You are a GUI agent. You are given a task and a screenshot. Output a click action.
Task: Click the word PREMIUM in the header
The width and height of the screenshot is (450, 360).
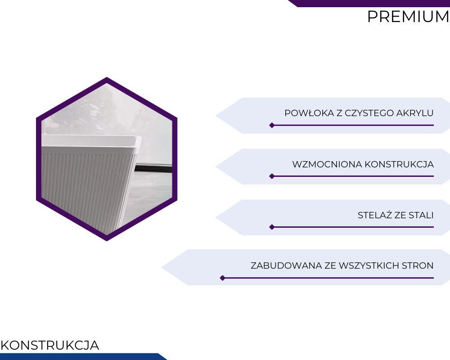click(x=409, y=17)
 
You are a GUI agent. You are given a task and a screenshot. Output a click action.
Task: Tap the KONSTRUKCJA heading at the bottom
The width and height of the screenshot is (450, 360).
click(x=50, y=345)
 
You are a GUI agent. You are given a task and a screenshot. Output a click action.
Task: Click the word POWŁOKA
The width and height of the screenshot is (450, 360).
click(x=309, y=113)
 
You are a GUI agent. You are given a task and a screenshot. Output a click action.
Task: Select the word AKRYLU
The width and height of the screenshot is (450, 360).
click(x=415, y=113)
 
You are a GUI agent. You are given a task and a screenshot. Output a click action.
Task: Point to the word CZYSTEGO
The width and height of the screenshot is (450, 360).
click(x=369, y=113)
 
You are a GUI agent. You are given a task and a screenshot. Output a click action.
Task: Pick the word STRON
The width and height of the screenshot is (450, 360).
click(x=418, y=265)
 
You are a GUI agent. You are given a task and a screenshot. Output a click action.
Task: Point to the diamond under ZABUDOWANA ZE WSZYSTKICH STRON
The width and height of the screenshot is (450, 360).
click(x=223, y=278)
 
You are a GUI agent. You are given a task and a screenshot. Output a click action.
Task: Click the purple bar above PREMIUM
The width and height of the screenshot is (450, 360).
click(x=369, y=4)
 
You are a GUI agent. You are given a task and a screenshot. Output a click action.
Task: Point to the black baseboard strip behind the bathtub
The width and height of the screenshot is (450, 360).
click(x=153, y=169)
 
